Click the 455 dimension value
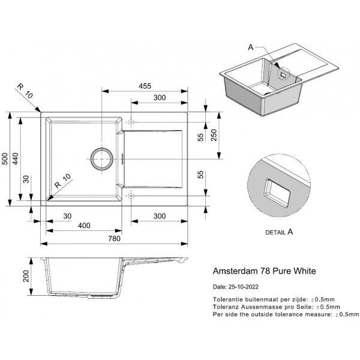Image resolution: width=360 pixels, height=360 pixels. point(145,86)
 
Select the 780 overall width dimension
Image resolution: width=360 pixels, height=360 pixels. point(114,238)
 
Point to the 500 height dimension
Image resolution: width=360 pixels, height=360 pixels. point(5,158)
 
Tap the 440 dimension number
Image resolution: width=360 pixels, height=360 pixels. point(16,158)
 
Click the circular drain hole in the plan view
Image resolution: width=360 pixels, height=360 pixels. point(101,158)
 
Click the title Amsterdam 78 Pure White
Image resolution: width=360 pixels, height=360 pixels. point(264,271)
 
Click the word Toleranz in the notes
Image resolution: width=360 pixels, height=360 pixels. point(226,306)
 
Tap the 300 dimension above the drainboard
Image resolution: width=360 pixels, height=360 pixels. point(159,97)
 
